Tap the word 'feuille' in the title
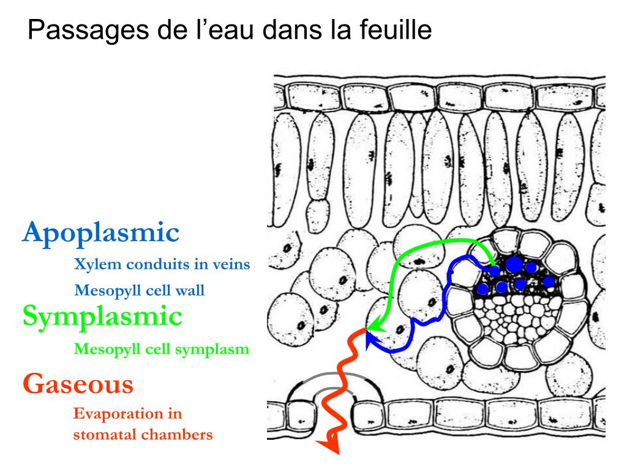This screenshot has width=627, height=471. coord(397,30)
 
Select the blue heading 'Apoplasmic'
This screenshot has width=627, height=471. coord(101,233)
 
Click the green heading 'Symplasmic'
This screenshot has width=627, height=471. coord(102,316)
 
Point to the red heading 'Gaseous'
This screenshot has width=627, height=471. coord(78,384)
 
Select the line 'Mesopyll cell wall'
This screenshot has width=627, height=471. coord(139,289)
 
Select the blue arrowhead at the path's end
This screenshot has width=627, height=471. coord(369,337)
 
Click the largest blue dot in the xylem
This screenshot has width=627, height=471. coord(514,264)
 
